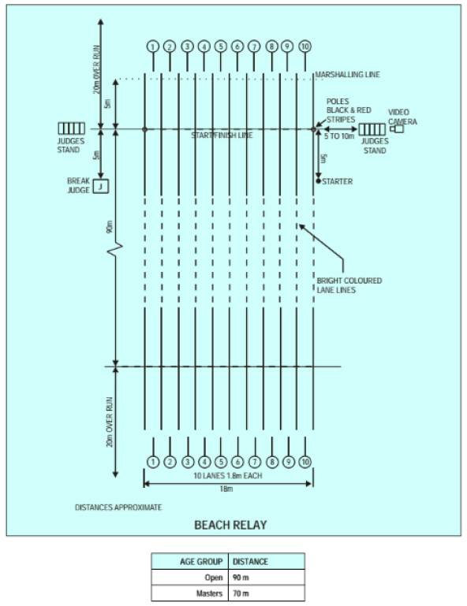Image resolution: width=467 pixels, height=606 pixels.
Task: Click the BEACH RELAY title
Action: (230, 525)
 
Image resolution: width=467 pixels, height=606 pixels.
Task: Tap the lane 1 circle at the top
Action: (153, 46)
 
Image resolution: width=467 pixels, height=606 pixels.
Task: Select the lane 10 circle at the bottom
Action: (304, 462)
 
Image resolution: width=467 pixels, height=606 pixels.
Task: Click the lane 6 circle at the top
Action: (237, 46)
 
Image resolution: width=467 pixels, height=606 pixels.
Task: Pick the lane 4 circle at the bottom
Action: (204, 462)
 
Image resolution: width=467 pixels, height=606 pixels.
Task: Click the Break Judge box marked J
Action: (101, 186)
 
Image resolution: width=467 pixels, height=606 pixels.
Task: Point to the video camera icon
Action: (397, 128)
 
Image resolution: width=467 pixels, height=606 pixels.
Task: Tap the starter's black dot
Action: (319, 181)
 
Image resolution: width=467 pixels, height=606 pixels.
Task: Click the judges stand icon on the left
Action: (72, 128)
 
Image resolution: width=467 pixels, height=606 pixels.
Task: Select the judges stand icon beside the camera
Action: (372, 129)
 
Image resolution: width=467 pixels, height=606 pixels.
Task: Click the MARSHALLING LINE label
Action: (347, 75)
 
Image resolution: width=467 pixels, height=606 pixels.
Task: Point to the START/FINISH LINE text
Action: (222, 136)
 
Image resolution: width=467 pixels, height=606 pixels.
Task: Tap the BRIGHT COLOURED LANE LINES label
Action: (349, 285)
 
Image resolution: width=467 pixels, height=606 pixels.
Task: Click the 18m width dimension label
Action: (226, 489)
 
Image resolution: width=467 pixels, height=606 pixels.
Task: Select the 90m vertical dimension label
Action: (110, 227)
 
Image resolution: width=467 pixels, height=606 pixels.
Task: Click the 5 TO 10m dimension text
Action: (339, 136)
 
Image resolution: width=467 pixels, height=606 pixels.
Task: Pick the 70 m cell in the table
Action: (241, 593)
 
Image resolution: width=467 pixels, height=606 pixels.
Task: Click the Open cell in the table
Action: (214, 578)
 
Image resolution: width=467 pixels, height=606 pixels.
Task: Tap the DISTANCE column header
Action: (250, 562)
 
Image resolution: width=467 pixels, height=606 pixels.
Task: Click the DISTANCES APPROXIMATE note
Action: (118, 507)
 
